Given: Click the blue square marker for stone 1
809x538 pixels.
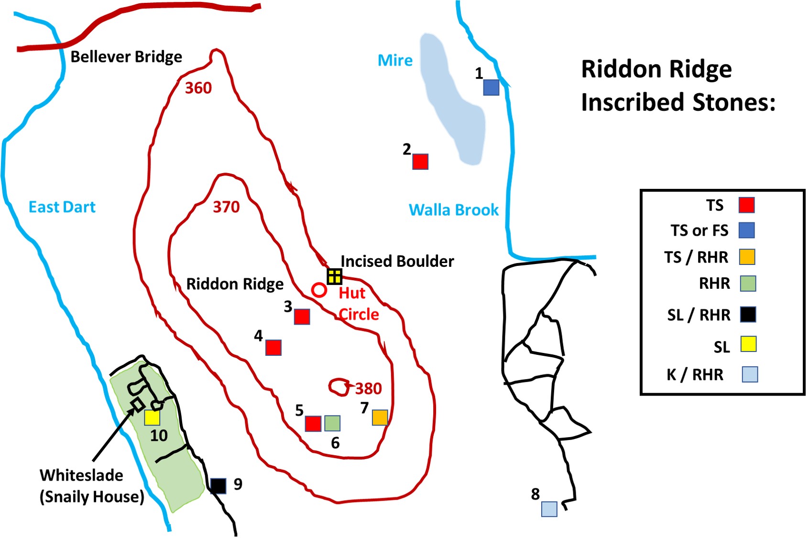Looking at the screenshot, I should coord(491,88).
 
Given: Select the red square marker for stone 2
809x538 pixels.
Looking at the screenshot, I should coord(420,162).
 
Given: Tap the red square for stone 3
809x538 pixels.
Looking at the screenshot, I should coord(302,317).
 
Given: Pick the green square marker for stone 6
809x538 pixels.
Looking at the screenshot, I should coord(332,423).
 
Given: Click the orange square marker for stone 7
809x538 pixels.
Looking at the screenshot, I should coord(380,417).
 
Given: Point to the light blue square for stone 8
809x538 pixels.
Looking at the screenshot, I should coord(549,509).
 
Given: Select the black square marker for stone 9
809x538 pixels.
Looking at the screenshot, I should coord(218,486).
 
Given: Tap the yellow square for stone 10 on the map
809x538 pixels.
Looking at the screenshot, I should coord(152,417).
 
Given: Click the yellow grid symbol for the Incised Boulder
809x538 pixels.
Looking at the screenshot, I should coord(334,276).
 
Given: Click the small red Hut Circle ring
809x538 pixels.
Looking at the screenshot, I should coord(319,290).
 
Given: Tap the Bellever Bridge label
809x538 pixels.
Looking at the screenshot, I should coord(126,57).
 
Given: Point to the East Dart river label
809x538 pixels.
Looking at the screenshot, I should coord(62,207).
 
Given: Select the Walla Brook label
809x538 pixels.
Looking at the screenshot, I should coord(453,210).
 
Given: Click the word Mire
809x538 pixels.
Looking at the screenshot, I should coord(395,61).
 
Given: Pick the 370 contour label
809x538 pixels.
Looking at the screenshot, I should coord(226,207).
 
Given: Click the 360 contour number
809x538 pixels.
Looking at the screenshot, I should coord(198,88).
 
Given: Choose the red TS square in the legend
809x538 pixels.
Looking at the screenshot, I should coord(746,205).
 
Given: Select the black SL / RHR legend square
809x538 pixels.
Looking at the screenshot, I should coord(748,314).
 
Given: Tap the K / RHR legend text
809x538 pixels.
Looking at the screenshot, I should coord(695,374).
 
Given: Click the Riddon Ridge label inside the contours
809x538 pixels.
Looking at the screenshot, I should coord(235,284).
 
